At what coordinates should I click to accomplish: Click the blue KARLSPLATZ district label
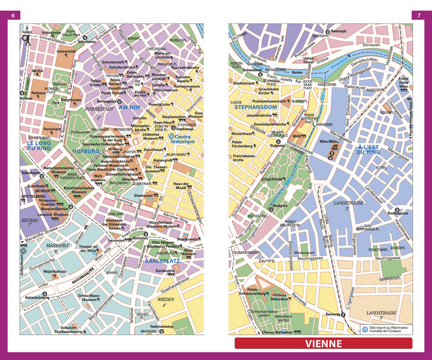coord(162,262)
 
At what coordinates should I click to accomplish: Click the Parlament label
coord(52,130)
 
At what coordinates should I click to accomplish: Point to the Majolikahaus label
coord(54,271)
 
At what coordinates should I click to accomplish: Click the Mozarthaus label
coord(244,133)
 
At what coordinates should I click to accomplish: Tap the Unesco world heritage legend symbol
coord(364,329)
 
